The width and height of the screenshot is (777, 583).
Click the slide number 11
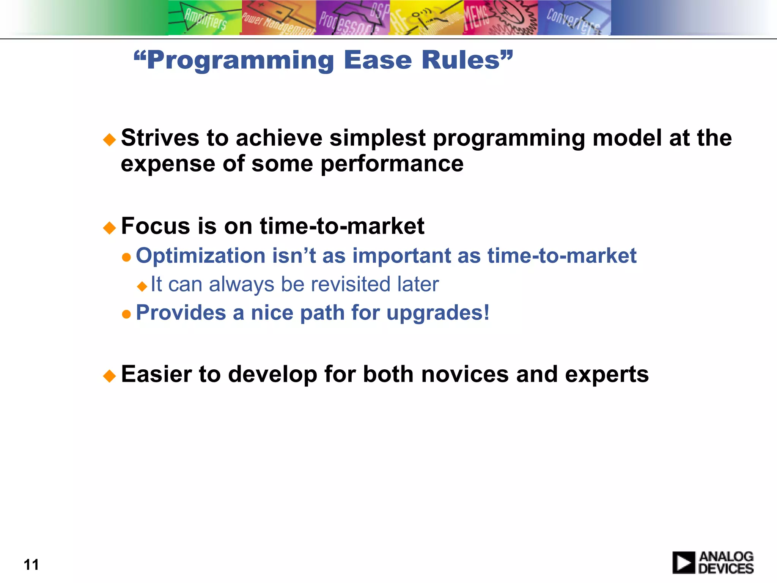(x=31, y=565)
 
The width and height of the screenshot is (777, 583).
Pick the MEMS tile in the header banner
(x=500, y=18)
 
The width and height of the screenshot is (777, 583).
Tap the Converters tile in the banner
(x=574, y=18)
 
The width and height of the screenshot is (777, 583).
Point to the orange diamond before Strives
(x=109, y=140)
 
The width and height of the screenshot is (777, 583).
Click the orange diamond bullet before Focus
(x=109, y=228)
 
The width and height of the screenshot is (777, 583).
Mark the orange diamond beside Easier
(x=109, y=376)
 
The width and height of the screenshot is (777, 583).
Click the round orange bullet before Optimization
(x=126, y=258)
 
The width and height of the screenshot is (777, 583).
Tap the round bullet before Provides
(x=126, y=314)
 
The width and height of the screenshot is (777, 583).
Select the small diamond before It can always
(x=142, y=286)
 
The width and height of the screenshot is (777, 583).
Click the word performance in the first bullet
(x=392, y=164)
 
